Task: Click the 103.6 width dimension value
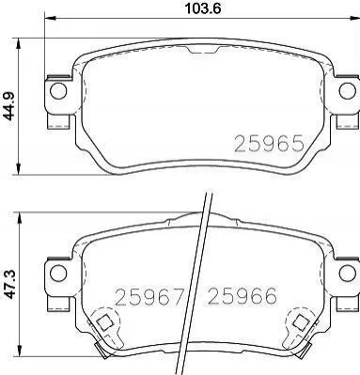(203, 8)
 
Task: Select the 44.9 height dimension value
(9, 106)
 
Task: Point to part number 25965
(270, 144)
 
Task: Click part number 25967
(149, 297)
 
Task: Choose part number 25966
(243, 296)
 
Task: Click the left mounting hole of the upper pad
(58, 91)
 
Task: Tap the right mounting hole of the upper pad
(347, 91)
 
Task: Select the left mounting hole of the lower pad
(58, 273)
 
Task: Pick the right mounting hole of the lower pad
(347, 272)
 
